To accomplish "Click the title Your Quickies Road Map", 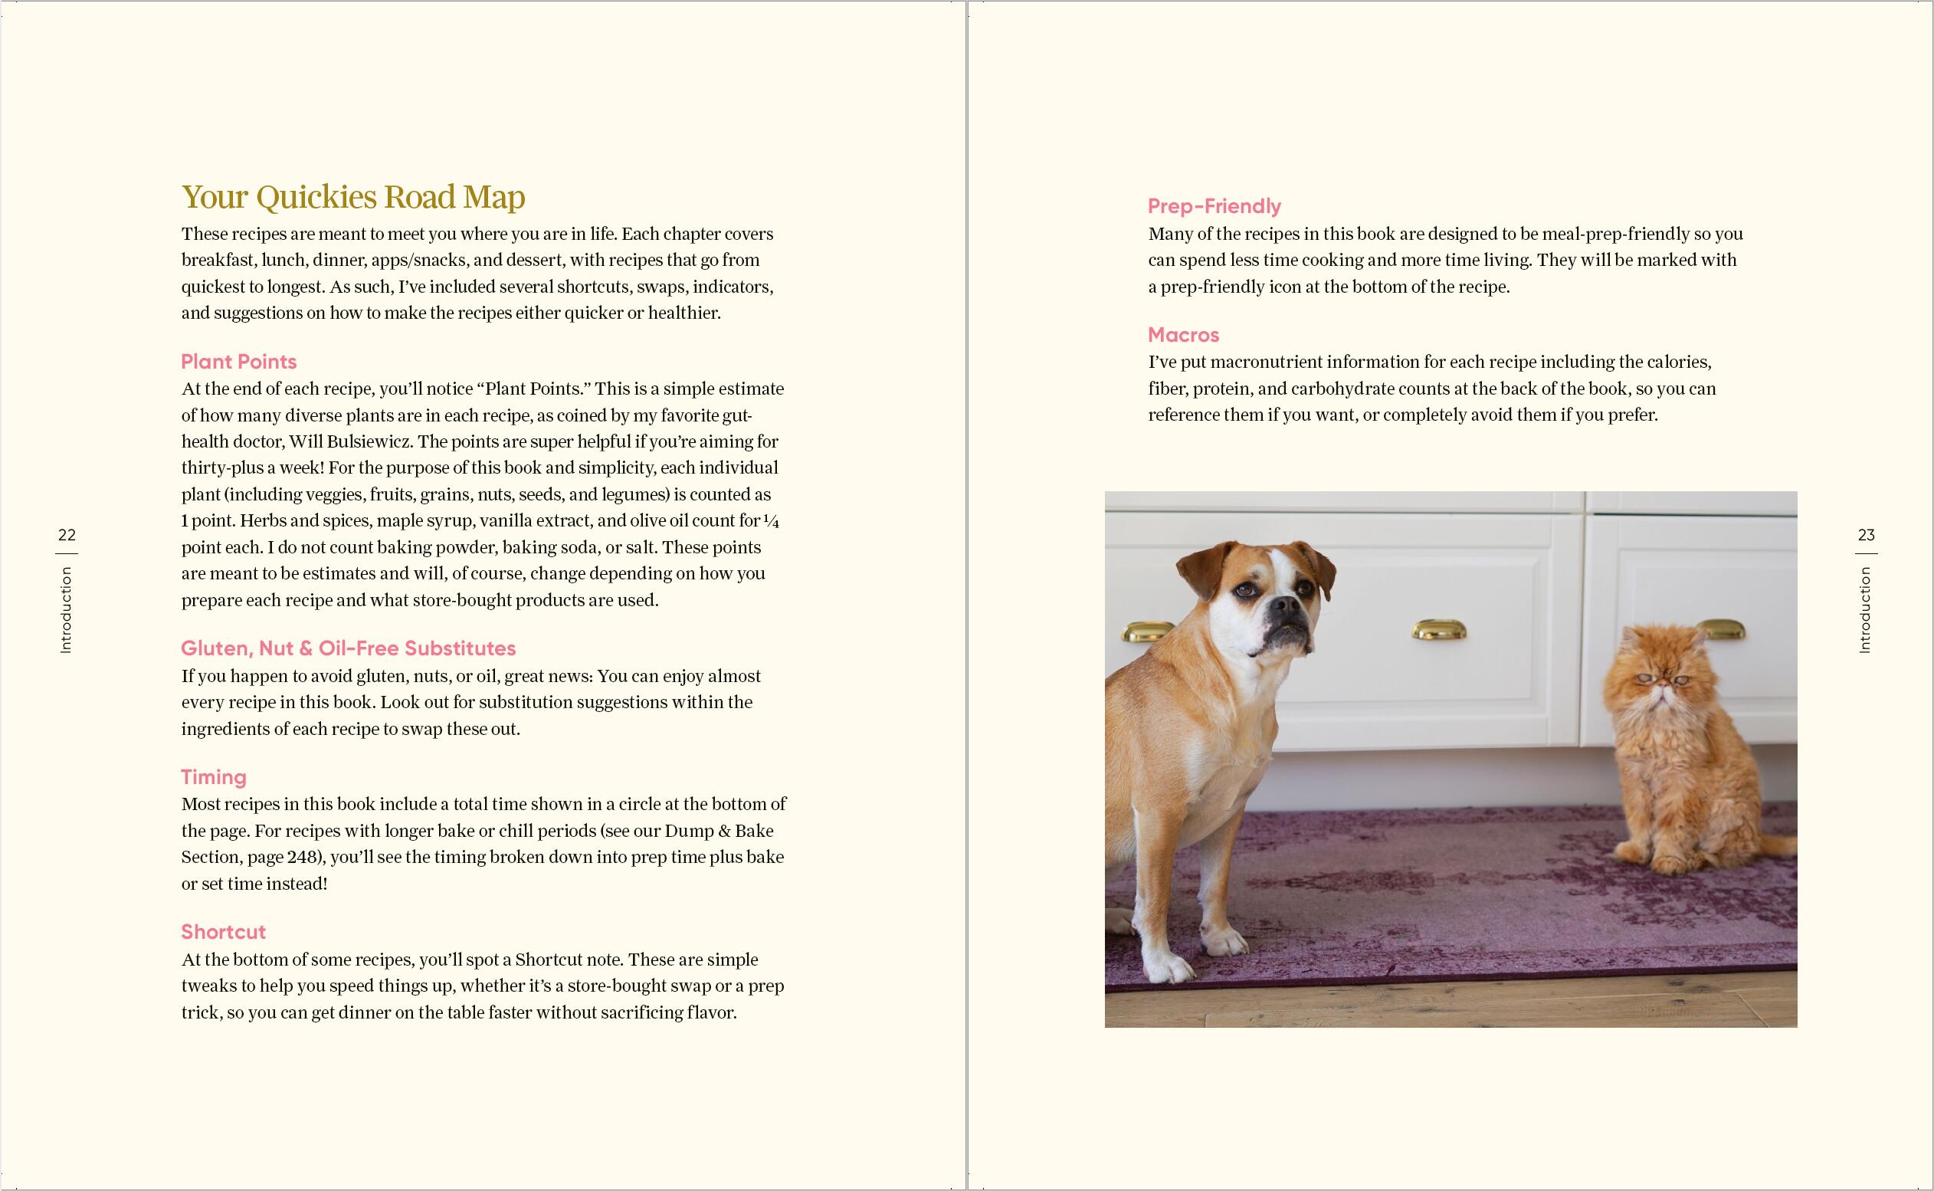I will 352,197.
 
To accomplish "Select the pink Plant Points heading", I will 238,362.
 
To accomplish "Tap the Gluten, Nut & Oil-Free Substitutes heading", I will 348,648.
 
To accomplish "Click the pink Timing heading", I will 214,776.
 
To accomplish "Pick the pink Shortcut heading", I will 223,932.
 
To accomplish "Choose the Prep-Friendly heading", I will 1214,206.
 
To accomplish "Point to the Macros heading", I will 1183,335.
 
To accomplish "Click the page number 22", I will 67,535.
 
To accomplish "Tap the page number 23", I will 1867,535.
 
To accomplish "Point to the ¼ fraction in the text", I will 772,520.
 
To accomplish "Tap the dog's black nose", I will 1282,605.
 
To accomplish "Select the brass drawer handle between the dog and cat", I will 1438,630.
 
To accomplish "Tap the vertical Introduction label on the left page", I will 66,610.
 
